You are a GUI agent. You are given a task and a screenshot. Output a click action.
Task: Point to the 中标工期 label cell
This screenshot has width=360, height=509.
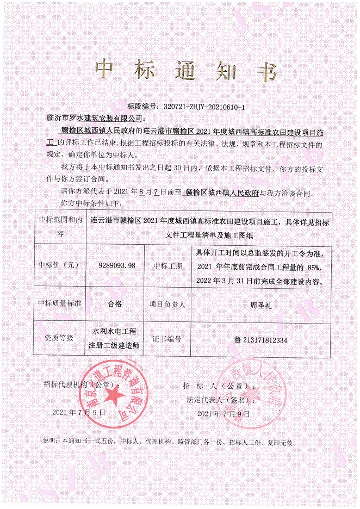pyautogui.click(x=167, y=265)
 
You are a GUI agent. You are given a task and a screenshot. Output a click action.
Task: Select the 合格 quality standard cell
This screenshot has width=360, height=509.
pyautogui.click(x=115, y=304)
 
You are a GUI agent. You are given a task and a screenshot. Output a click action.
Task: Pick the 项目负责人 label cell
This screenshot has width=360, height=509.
pyautogui.click(x=167, y=304)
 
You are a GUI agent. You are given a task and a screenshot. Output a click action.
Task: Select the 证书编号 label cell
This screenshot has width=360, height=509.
pyautogui.click(x=167, y=338)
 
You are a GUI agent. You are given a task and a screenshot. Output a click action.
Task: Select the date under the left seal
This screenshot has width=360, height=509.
pyautogui.click(x=78, y=412)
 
